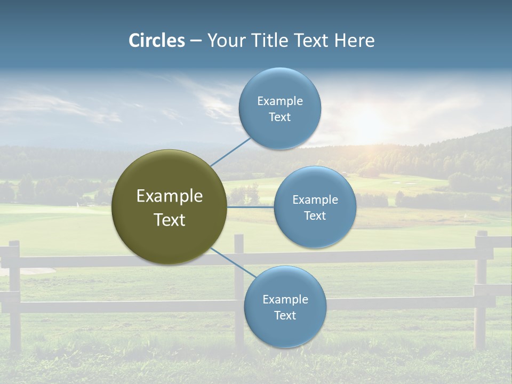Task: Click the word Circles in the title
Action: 157,41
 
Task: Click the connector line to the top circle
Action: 231,151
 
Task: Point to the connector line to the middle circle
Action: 250,207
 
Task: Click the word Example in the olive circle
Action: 170,196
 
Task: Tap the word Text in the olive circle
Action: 170,220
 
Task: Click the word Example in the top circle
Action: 280,101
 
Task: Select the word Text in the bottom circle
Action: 285,315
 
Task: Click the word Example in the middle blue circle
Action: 315,199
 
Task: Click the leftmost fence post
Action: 14,293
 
